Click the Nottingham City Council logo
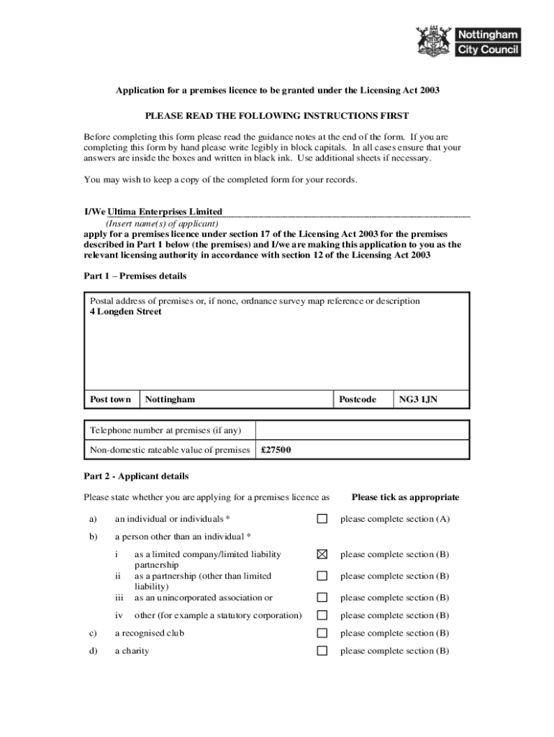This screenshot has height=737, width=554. [468, 41]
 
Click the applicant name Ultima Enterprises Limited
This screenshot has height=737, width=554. [165, 212]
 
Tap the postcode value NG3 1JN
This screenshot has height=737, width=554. [418, 399]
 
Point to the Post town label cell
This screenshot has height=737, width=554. [110, 399]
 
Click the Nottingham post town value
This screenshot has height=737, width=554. [170, 399]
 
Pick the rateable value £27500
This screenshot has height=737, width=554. [276, 451]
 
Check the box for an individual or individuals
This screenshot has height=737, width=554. [322, 519]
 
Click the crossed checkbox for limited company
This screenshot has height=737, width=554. [322, 554]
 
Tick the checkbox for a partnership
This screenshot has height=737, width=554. [322, 576]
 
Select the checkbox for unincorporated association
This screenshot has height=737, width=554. [322, 597]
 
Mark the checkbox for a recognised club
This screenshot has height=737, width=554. [322, 633]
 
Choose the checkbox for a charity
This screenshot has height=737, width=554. [322, 651]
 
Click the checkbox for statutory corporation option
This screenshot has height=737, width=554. [322, 615]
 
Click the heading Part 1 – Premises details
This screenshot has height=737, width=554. [135, 276]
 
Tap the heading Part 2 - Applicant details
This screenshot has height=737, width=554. [136, 476]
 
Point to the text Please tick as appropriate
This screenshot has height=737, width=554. [405, 497]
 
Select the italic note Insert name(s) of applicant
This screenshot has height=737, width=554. [162, 224]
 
